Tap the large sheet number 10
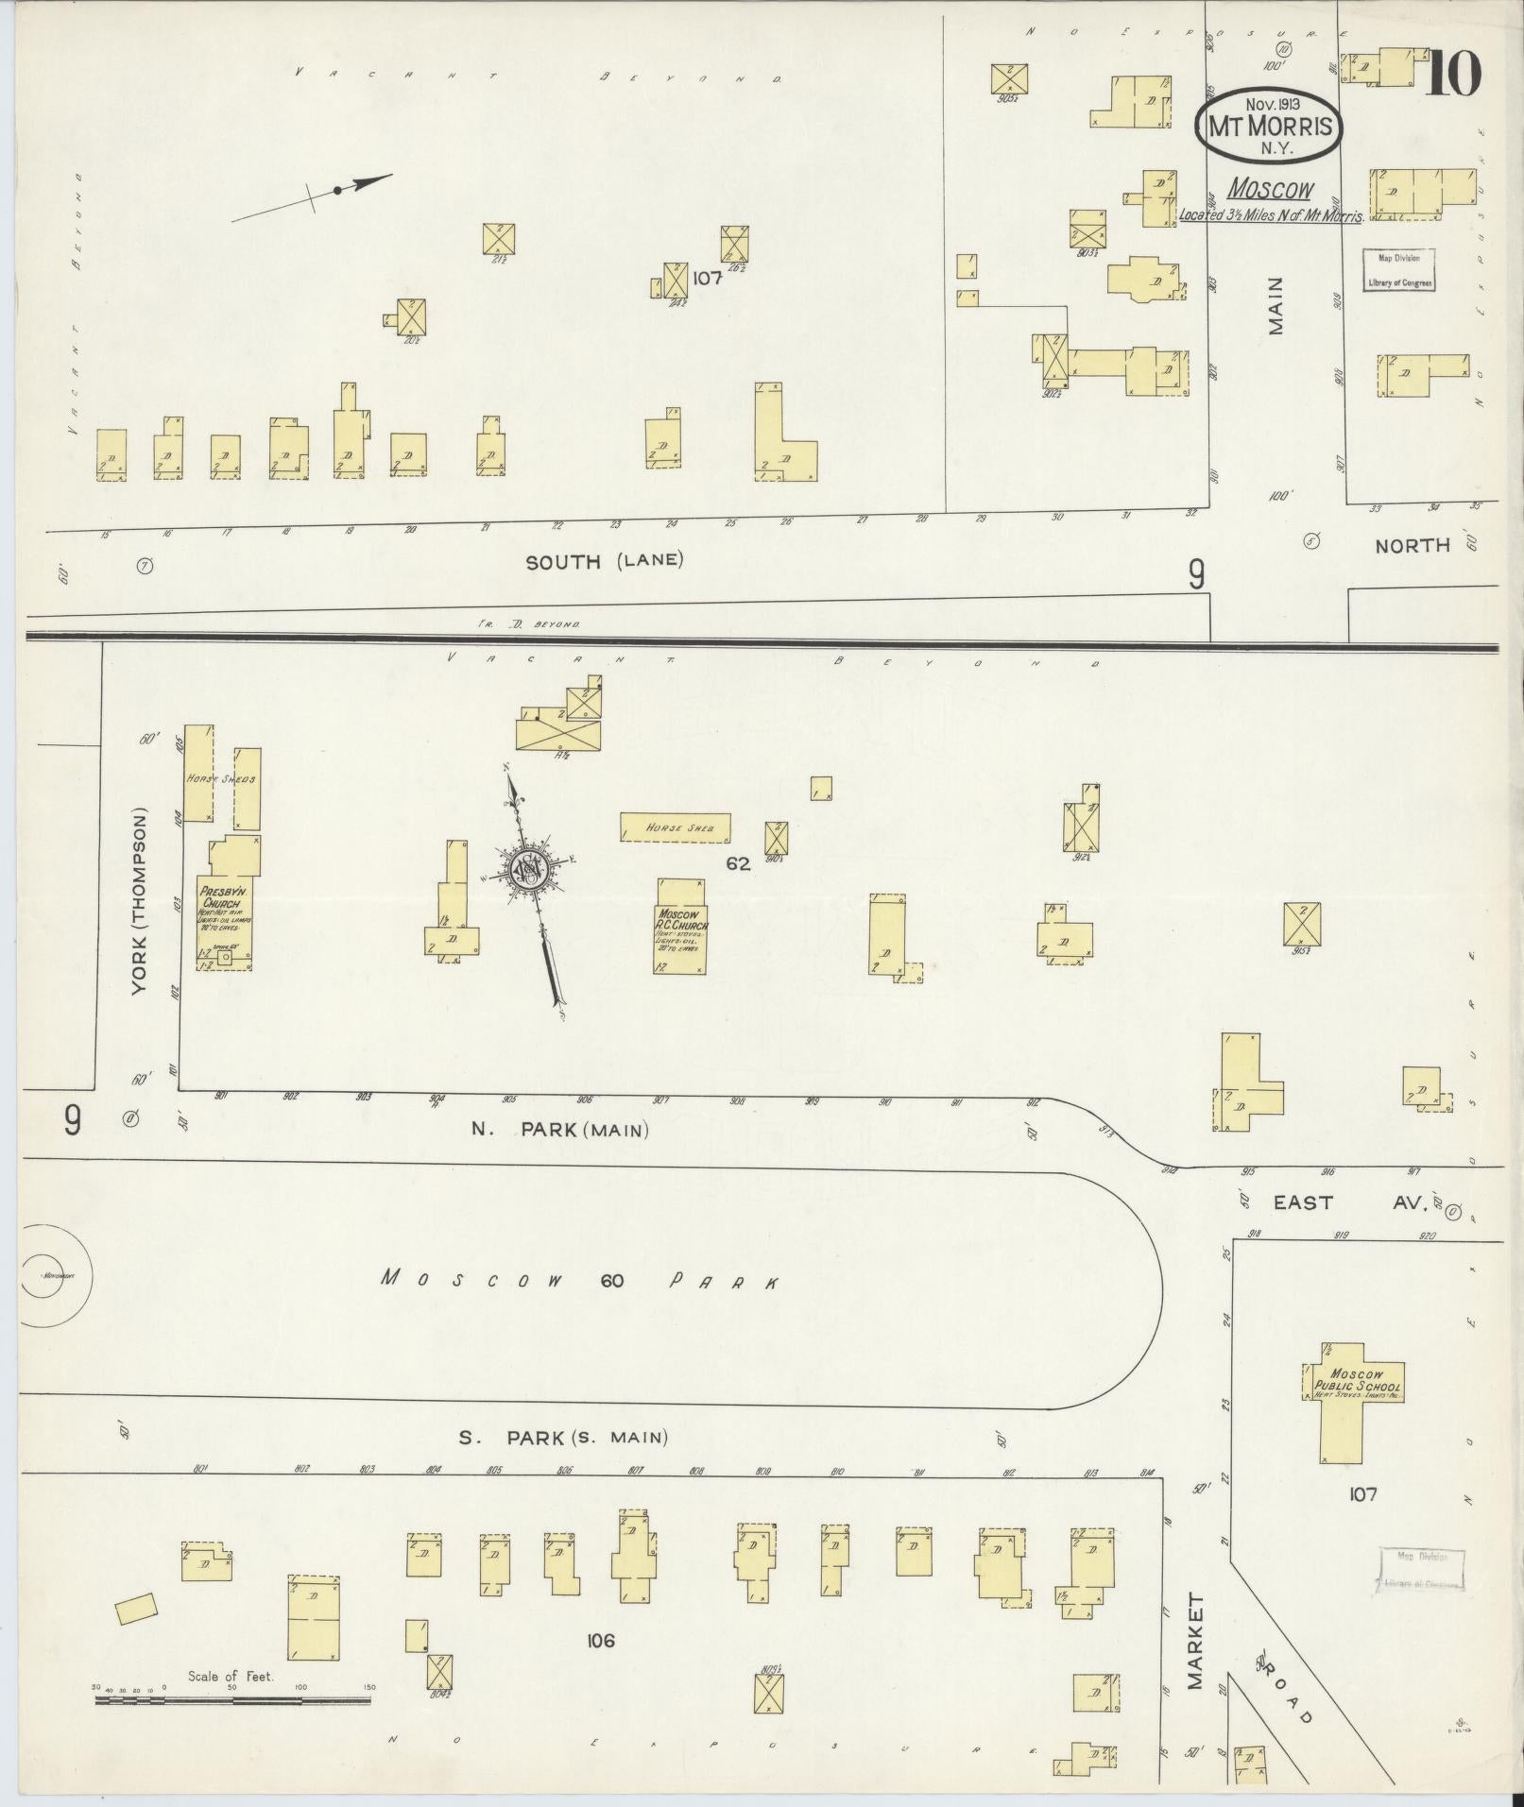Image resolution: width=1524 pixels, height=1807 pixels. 1451,73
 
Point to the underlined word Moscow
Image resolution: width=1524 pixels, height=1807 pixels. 1269,190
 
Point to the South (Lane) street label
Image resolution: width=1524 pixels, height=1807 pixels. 604,560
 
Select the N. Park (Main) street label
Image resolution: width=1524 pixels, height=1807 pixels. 559,1129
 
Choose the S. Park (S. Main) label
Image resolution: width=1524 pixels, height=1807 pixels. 563,1437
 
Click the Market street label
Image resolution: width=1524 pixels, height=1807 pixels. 1196,1641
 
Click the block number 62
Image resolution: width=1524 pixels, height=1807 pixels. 738,862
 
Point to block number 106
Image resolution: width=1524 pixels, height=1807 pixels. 600,1640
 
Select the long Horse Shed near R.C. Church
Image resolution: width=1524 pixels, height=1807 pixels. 675,827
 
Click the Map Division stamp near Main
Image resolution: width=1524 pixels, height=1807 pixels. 1397,269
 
